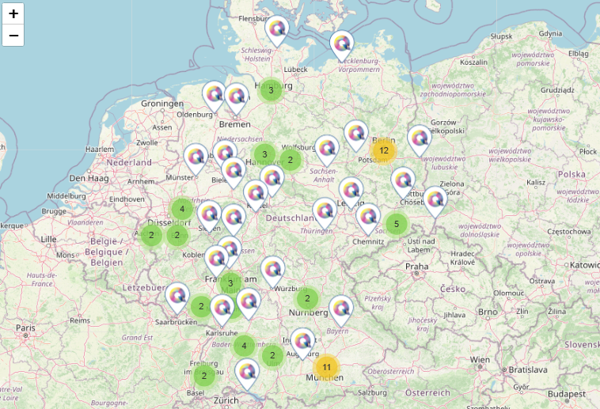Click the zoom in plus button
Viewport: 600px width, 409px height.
[x=13, y=13]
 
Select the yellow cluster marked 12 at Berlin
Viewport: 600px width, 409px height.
[x=383, y=150]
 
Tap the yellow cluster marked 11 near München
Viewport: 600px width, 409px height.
[x=326, y=367]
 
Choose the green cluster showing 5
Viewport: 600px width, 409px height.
[x=397, y=224]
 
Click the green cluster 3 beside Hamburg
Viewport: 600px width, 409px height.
[x=271, y=90]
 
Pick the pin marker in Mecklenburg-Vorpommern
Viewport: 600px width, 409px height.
[x=342, y=44]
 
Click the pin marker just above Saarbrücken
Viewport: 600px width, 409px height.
[x=177, y=297]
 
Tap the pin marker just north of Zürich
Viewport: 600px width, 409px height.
[x=247, y=371]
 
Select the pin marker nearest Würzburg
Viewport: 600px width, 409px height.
[x=273, y=270]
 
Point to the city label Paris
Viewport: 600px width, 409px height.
[x=26, y=328]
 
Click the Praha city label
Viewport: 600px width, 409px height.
[x=416, y=267]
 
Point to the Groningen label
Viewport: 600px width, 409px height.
[x=162, y=104]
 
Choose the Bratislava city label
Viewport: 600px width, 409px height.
[x=529, y=369]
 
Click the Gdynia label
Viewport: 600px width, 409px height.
[x=549, y=33]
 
